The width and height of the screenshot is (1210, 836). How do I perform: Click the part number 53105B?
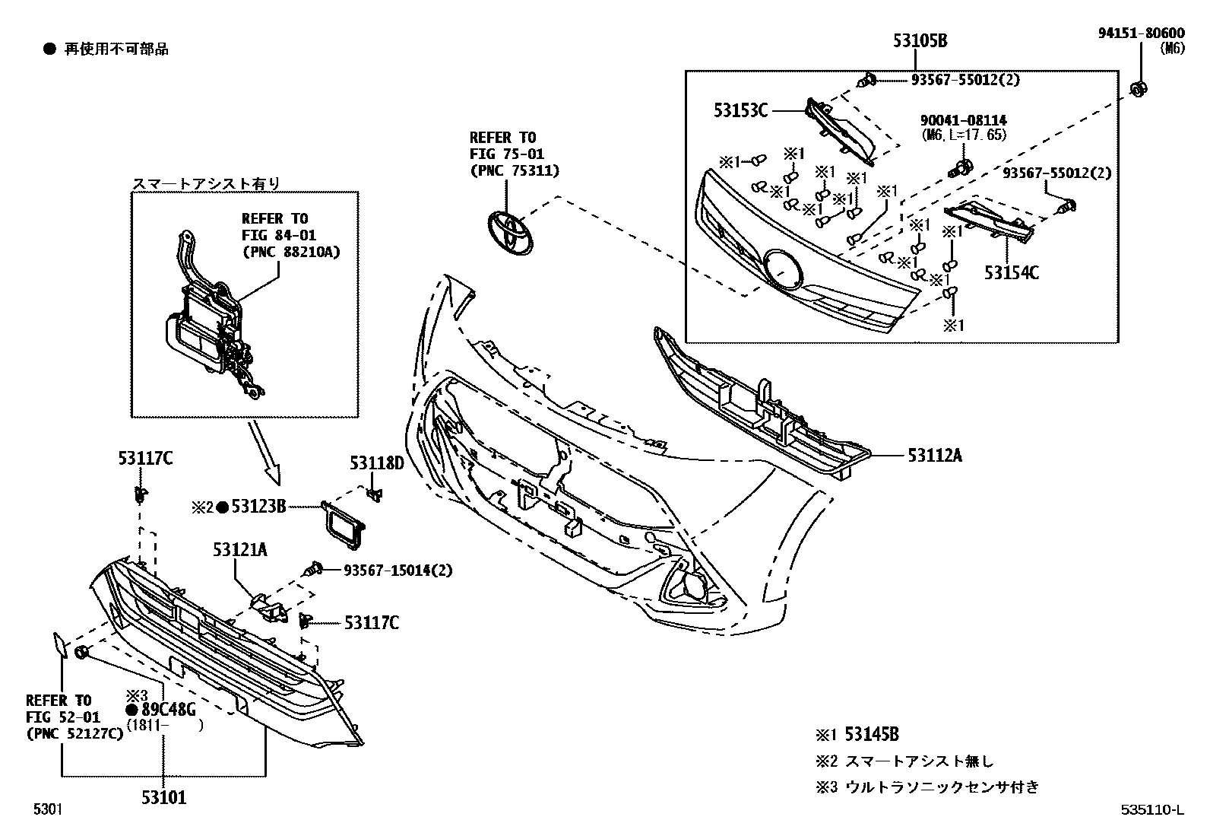[919, 40]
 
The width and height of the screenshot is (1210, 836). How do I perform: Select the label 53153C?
[740, 110]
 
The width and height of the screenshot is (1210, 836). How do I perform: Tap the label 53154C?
[1011, 272]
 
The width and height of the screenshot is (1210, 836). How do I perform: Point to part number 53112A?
[935, 455]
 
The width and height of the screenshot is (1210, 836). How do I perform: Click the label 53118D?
[376, 463]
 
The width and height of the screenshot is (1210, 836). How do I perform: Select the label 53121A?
[239, 549]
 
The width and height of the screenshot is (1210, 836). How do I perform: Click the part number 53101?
[163, 797]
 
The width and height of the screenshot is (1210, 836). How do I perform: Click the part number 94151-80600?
[1140, 33]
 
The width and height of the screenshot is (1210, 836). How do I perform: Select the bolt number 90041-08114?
[963, 120]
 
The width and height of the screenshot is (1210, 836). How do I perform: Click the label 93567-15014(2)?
[398, 570]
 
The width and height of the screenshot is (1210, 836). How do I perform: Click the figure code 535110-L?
[1151, 809]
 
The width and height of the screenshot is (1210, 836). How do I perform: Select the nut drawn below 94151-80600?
[1138, 89]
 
